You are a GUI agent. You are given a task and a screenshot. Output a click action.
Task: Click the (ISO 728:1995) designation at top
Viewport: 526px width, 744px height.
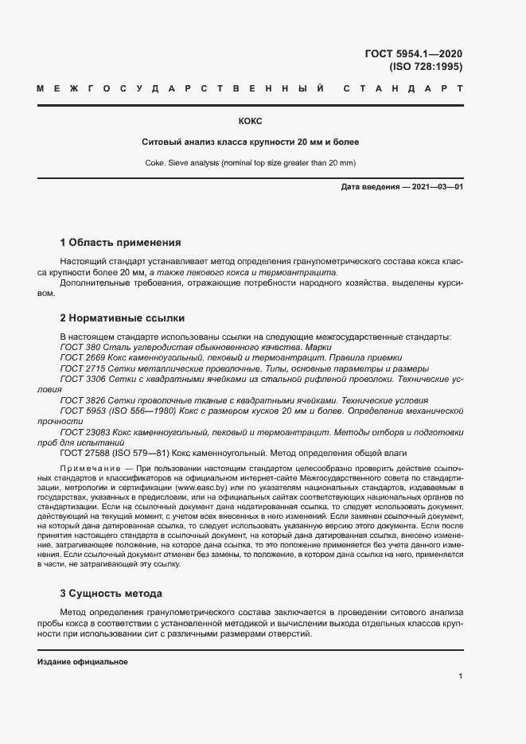click(425, 67)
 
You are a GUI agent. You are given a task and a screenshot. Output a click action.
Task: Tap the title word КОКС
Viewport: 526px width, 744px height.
click(250, 122)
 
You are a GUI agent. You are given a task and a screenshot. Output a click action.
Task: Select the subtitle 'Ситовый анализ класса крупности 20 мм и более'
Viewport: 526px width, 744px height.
click(250, 142)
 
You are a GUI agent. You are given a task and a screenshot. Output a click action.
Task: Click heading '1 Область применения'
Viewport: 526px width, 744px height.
click(120, 243)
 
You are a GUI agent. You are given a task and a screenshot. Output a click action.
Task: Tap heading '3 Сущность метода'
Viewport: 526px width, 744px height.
click(111, 594)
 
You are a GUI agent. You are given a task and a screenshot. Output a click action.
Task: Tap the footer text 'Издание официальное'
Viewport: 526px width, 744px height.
click(83, 662)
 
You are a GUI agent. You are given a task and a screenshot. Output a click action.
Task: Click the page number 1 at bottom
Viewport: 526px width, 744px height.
click(460, 676)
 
